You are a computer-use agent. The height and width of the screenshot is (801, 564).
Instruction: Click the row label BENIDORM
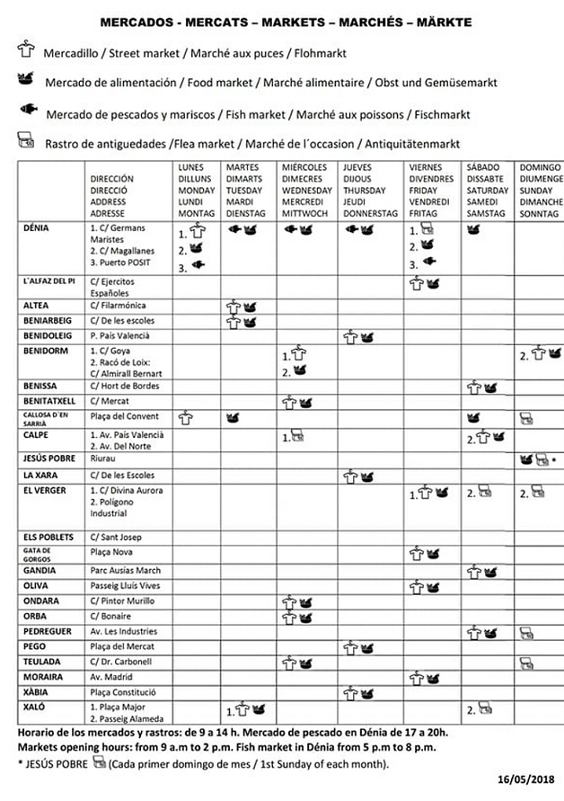click(45, 350)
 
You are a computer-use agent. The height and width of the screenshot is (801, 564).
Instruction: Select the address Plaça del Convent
click(124, 416)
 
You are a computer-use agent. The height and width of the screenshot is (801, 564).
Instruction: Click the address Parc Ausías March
click(126, 571)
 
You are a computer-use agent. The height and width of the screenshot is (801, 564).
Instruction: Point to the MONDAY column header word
click(197, 191)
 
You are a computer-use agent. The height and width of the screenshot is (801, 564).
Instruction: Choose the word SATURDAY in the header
click(489, 191)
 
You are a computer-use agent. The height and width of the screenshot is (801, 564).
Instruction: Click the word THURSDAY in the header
click(364, 191)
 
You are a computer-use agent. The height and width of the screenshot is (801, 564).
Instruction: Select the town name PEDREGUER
click(48, 631)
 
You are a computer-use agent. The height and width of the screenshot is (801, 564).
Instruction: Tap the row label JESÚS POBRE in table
click(48, 458)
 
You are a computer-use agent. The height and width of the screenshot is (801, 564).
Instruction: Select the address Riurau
click(105, 458)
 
